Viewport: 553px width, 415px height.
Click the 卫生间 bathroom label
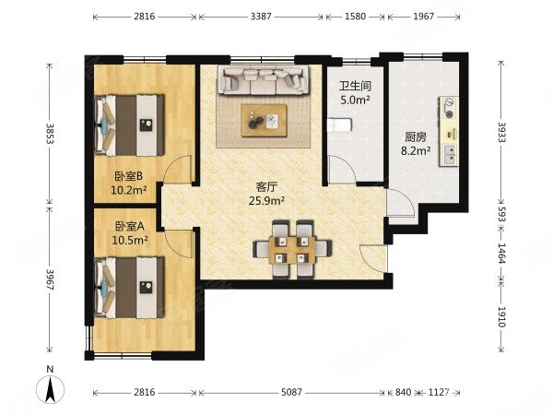pyautogui.click(x=355, y=86)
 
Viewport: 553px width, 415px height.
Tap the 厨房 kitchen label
pyautogui.click(x=416, y=136)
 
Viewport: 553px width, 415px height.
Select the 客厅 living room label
pyautogui.click(x=266, y=186)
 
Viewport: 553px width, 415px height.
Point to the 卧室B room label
pyautogui.click(x=129, y=175)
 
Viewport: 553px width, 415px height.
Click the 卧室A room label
pyautogui.click(x=130, y=226)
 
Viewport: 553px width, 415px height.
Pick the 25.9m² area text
pyautogui.click(x=266, y=201)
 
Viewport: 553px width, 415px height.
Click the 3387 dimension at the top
pyautogui.click(x=261, y=17)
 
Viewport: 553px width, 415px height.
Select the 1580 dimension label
pyautogui.click(x=355, y=17)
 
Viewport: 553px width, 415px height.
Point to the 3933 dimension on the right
pyautogui.click(x=501, y=132)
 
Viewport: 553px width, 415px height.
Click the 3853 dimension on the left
pyautogui.click(x=50, y=134)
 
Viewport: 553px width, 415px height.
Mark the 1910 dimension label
pyautogui.click(x=501, y=316)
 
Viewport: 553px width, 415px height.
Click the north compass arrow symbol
pyautogui.click(x=51, y=389)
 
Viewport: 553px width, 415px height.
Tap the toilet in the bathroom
pyautogui.click(x=339, y=125)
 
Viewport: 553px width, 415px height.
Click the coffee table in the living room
pyautogui.click(x=264, y=120)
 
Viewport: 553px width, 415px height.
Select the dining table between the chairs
pyautogui.click(x=292, y=250)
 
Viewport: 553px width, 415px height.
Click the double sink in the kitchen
pyautogui.click(x=450, y=155)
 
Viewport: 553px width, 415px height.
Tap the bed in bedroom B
pyautogui.click(x=129, y=125)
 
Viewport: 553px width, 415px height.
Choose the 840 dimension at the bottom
pyautogui.click(x=403, y=392)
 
